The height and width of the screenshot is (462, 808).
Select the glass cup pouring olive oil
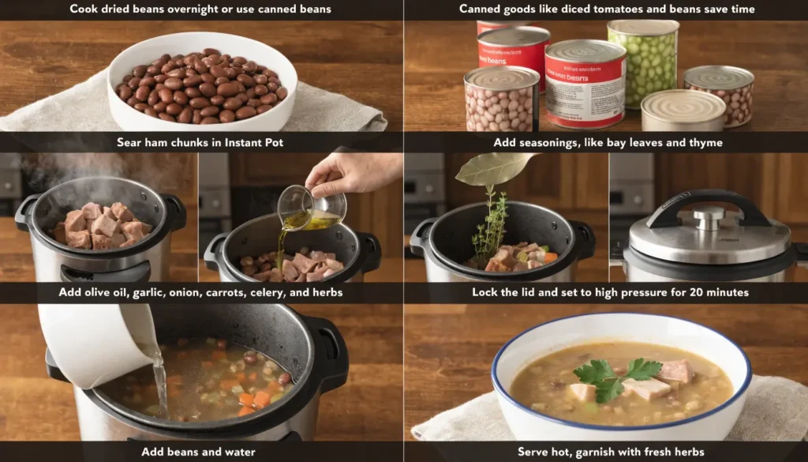(x=312, y=208)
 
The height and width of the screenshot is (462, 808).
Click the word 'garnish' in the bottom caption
(x=607, y=452)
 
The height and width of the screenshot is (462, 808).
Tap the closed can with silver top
(x=682, y=110)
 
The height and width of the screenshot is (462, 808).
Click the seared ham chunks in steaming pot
(x=99, y=225)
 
